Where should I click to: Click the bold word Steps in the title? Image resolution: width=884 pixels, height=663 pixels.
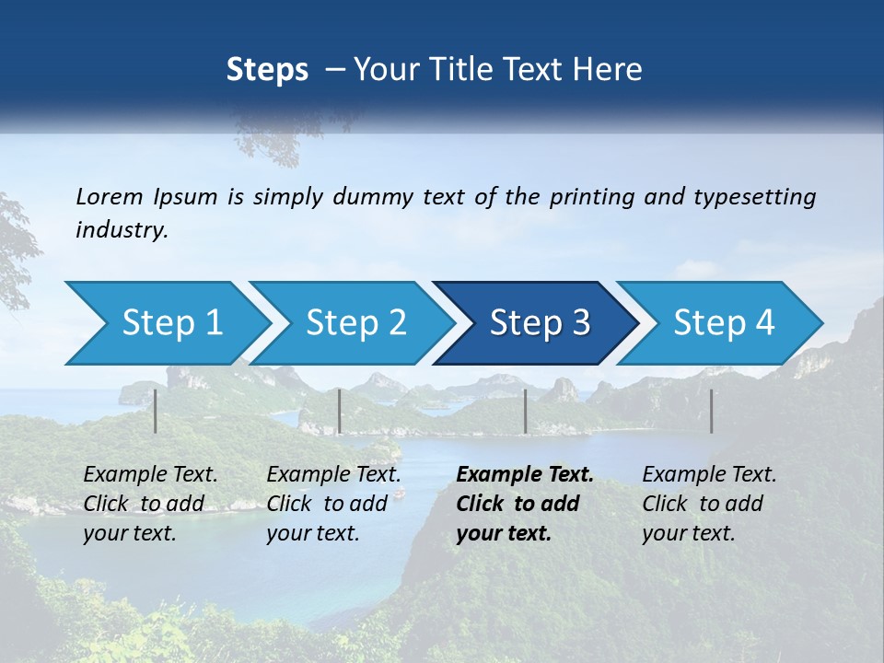pos(267,70)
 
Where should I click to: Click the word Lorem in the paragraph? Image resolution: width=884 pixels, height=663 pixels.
pos(110,197)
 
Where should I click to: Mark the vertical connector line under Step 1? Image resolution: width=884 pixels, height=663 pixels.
pos(156,411)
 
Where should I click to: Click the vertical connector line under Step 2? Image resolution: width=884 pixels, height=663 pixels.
pos(340,411)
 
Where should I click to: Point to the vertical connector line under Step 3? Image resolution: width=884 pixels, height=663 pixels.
pos(525,411)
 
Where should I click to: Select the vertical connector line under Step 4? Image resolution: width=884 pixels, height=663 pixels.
pos(711,411)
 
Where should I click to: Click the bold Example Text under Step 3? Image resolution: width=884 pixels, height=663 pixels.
pos(525,475)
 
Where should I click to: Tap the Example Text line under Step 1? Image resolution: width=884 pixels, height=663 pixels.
pos(150,475)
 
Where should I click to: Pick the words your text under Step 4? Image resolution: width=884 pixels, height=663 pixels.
pos(688,533)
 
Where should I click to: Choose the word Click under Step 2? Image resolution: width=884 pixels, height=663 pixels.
pos(290,504)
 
